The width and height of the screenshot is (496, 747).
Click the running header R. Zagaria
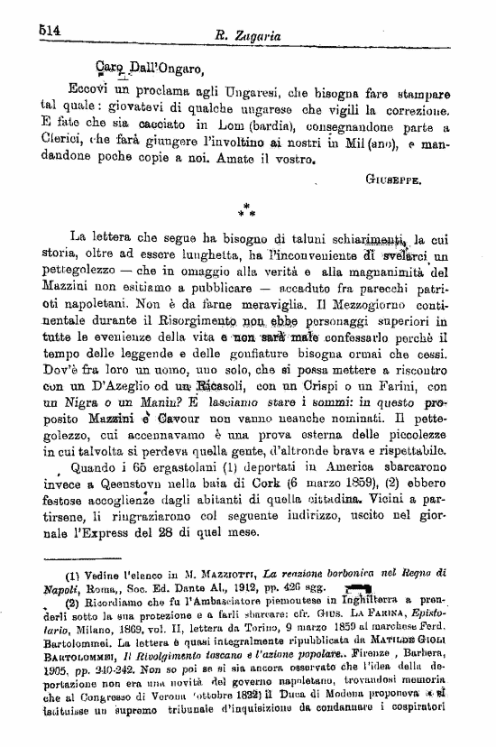pos(248,34)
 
